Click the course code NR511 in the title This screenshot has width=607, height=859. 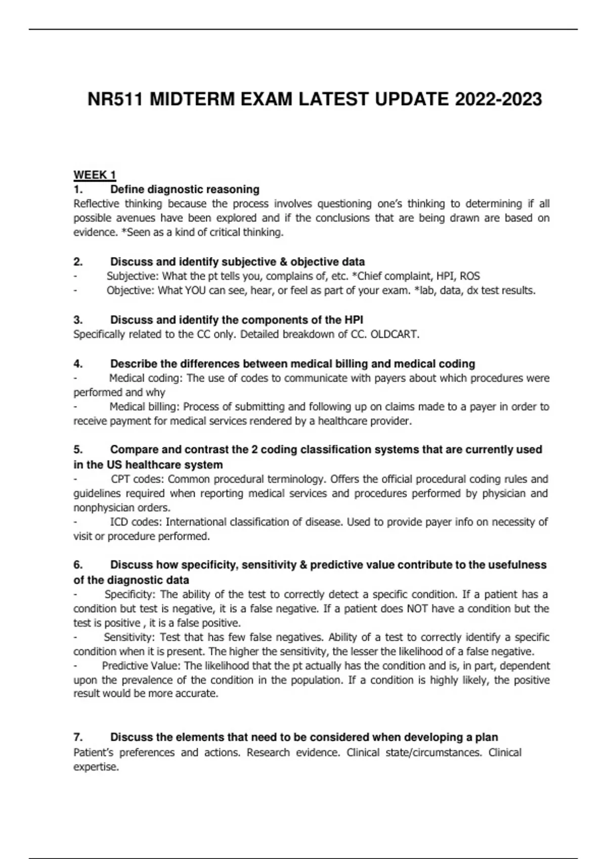click(116, 100)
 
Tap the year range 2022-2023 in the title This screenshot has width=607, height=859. click(498, 100)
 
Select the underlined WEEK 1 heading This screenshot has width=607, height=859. click(95, 175)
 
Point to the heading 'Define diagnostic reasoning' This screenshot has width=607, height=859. click(185, 189)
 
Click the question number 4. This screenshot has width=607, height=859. click(78, 364)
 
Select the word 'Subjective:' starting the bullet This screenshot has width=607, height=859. click(133, 276)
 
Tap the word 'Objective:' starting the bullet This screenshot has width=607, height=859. click(131, 291)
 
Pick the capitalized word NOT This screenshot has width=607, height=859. click(418, 609)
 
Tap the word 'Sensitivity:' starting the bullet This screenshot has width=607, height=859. click(129, 637)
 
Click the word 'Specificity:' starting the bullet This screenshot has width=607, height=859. click(130, 595)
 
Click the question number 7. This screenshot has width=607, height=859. click(78, 737)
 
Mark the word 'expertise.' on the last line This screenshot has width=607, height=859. click(96, 767)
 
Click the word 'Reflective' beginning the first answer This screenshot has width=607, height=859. click(97, 204)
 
